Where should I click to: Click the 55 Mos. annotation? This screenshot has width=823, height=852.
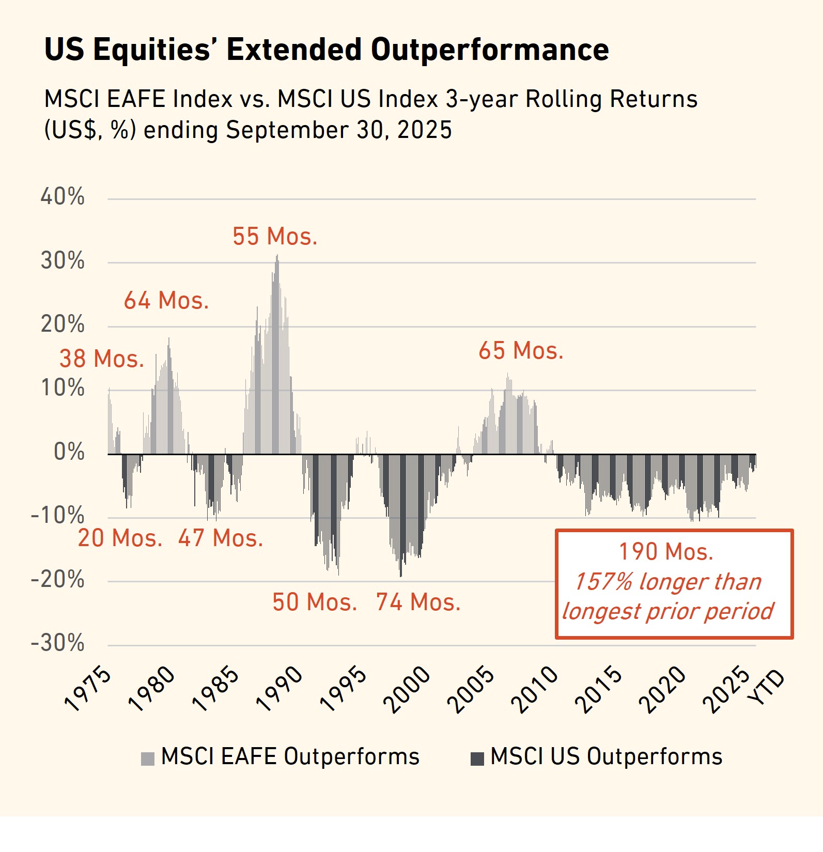tap(275, 237)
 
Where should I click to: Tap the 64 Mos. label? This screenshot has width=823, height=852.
tap(166, 301)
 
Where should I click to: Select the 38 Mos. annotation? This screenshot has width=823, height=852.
tap(102, 359)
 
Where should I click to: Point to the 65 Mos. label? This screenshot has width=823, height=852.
tap(521, 351)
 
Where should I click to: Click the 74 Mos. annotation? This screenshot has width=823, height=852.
tap(418, 602)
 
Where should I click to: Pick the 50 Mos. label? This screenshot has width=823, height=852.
tap(315, 602)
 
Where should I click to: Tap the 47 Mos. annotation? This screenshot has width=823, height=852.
tap(221, 538)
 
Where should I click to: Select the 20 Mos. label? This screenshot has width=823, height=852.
tap(120, 538)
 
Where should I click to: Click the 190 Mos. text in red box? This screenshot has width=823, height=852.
tap(666, 552)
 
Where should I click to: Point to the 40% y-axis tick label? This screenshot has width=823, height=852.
tap(63, 197)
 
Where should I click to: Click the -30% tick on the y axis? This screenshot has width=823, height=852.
tap(58, 643)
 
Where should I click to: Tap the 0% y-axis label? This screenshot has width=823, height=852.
tap(69, 452)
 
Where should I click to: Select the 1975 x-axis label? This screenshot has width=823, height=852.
tap(88, 689)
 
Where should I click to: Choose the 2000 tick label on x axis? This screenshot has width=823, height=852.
tap(407, 689)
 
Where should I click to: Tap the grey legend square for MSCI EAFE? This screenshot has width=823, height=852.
tap(148, 758)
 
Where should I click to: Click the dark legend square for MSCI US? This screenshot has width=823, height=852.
tap(477, 758)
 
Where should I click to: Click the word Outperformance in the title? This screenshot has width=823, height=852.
tap(490, 50)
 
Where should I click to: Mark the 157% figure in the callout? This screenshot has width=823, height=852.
tap(603, 582)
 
